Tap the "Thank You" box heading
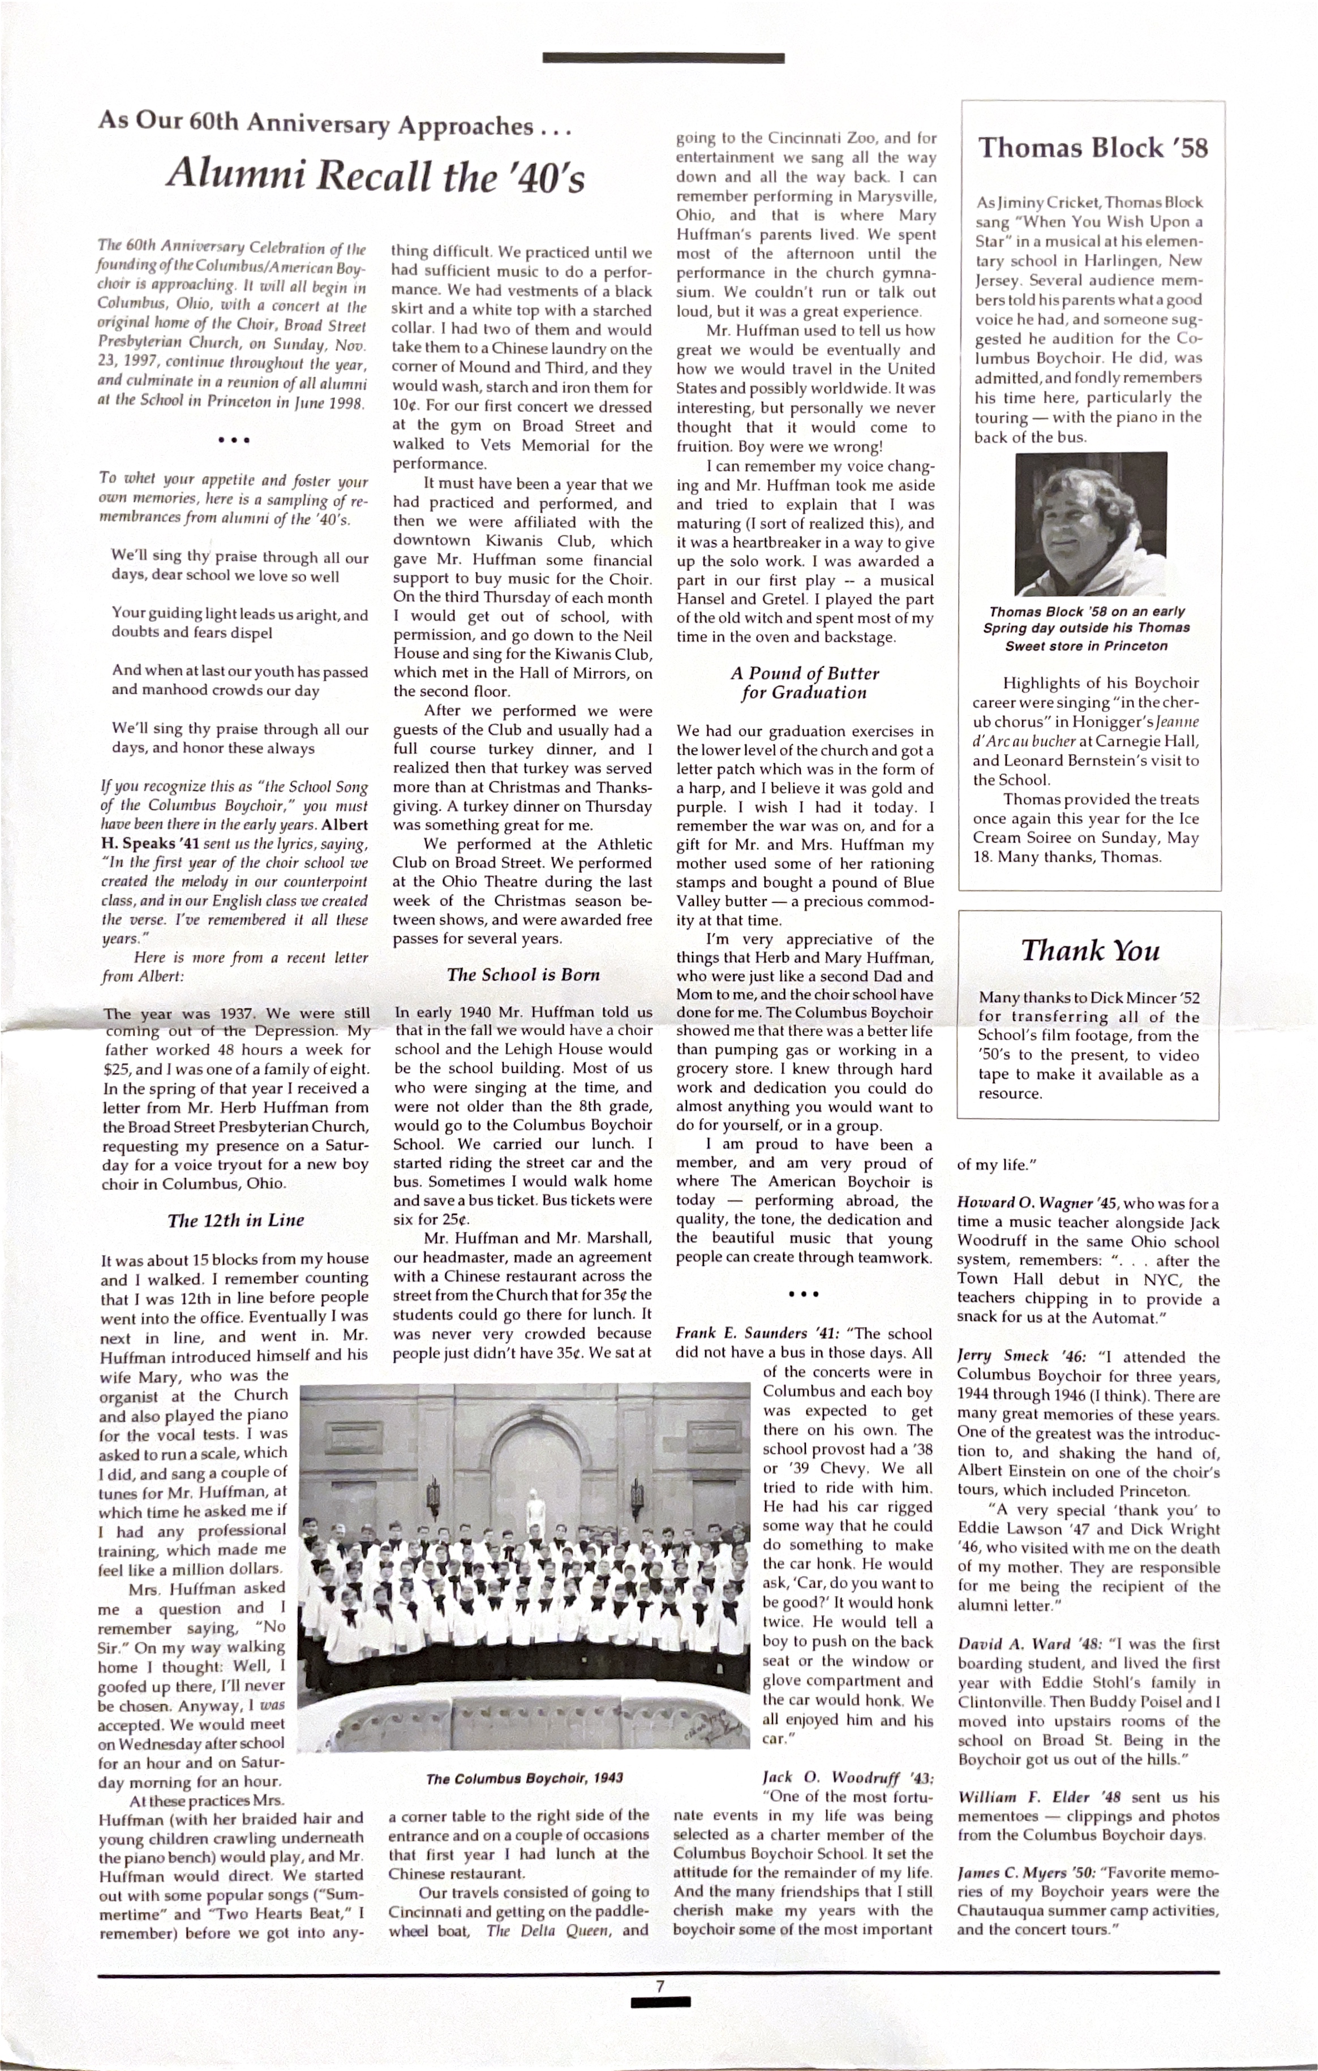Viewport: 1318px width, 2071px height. [1090, 951]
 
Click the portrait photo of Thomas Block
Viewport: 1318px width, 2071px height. [1091, 524]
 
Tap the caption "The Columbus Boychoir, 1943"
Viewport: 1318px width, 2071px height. [524, 1778]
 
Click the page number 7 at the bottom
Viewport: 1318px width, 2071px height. [660, 1987]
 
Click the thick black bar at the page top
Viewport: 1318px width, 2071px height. [663, 58]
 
